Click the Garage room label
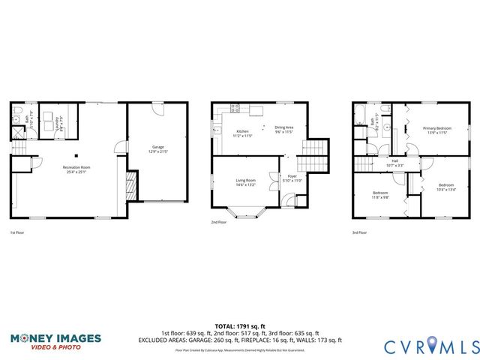pos(158,149)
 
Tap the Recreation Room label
pos(76,169)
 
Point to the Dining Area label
pos(283,129)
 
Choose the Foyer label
pos(292,180)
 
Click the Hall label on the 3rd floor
pos(394,163)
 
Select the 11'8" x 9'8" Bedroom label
pos(379,196)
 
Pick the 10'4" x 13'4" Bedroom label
pos(445,187)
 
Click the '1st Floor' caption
pos(17,233)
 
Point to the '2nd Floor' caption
pos(218,222)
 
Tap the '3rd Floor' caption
pos(360,233)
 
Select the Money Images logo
pos(55,341)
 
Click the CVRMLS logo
pos(431,346)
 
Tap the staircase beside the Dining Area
pos(314,156)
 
